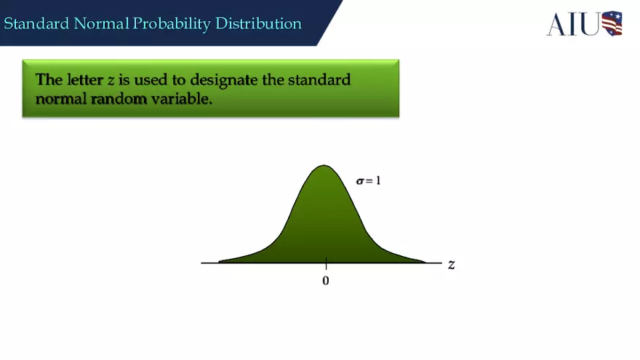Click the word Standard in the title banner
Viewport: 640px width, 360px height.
[x=36, y=24]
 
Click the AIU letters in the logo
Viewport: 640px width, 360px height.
[x=573, y=24]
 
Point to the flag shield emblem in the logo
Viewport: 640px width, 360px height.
[x=612, y=24]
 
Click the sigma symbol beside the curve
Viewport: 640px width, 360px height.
[x=359, y=180]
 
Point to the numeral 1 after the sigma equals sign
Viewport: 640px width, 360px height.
[x=378, y=180]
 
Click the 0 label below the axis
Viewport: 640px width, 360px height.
[x=325, y=281]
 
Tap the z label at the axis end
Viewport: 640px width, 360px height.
[x=451, y=264]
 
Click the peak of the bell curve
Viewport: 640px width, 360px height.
[x=324, y=166]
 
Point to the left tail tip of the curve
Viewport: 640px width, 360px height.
[x=220, y=261]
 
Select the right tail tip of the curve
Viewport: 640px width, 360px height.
[x=425, y=261]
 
